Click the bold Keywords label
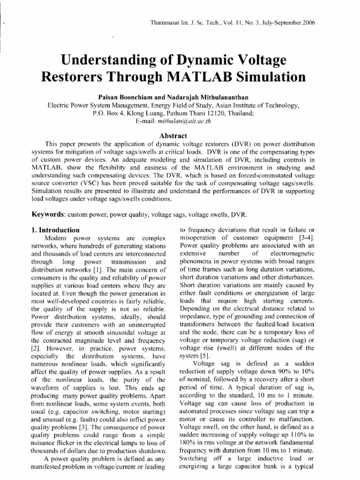click(48, 215)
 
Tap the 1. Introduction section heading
click(55, 230)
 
